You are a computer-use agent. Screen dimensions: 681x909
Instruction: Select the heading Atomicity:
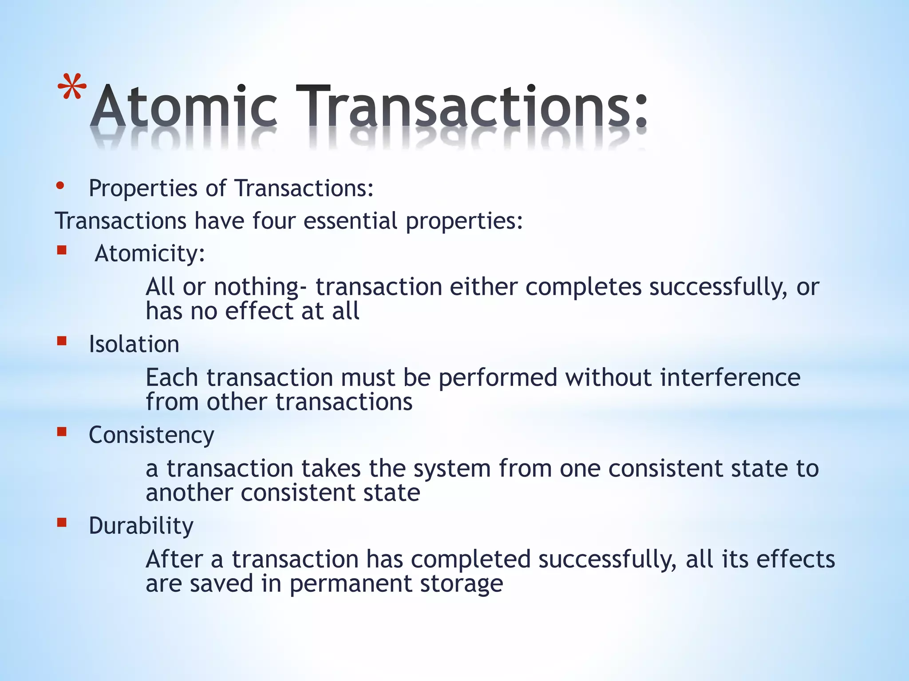tap(150, 254)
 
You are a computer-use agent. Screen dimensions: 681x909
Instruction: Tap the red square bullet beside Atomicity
tap(62, 251)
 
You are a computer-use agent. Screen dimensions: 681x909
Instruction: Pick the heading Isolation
tap(134, 344)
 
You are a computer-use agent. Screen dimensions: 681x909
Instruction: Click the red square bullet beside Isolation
tap(62, 341)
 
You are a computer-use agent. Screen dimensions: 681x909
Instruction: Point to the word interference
tap(730, 378)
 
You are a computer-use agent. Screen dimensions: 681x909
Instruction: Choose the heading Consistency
tap(151, 435)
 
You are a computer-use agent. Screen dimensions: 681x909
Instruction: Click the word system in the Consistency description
tap(452, 469)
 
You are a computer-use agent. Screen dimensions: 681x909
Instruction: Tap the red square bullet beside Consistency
tap(62, 432)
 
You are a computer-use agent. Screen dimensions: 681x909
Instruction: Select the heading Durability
tap(141, 526)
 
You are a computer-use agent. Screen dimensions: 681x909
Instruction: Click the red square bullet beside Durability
tap(62, 523)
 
